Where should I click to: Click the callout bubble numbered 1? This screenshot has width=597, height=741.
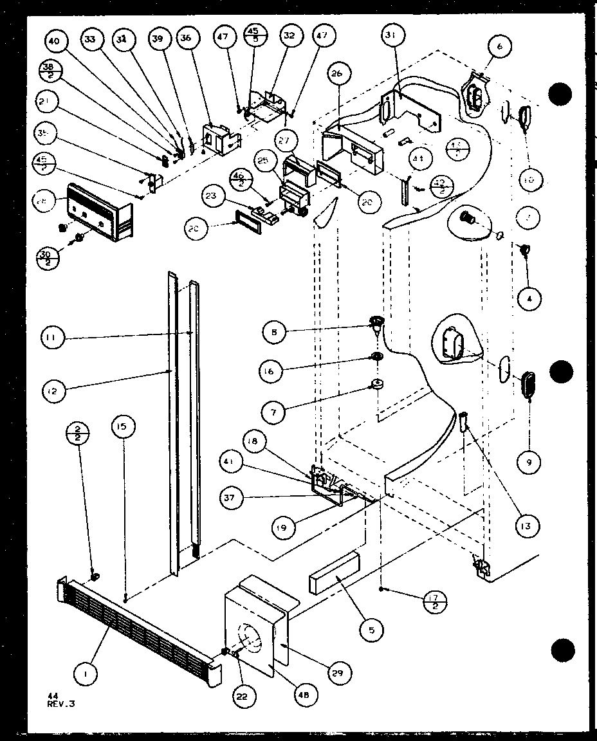coord(86,673)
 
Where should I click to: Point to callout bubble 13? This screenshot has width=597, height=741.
coord(527,526)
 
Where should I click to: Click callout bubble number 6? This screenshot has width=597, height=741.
coord(499,46)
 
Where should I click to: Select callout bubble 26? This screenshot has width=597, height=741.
coord(336,73)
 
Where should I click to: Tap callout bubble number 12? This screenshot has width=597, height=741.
coord(56,389)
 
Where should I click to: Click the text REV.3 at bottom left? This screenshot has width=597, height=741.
coord(61,703)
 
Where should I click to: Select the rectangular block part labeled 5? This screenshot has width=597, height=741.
coord(335,573)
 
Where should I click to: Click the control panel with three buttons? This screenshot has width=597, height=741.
coord(100,212)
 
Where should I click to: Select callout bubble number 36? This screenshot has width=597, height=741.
coord(186,39)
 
